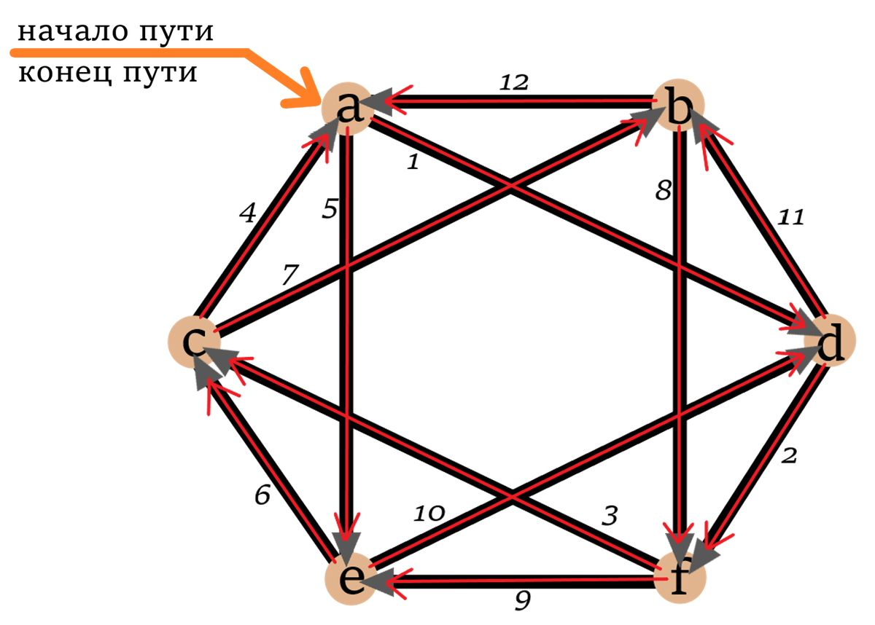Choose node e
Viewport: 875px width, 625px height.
point(350,581)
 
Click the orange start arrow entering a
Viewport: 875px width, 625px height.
point(146,52)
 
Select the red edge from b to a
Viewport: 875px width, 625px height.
point(525,102)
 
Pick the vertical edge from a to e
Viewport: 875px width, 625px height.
point(348,328)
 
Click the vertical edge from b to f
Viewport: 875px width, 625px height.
point(680,328)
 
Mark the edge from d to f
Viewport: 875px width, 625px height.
point(766,452)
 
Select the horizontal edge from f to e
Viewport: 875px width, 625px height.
point(525,581)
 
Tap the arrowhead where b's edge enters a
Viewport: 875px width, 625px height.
point(386,102)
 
